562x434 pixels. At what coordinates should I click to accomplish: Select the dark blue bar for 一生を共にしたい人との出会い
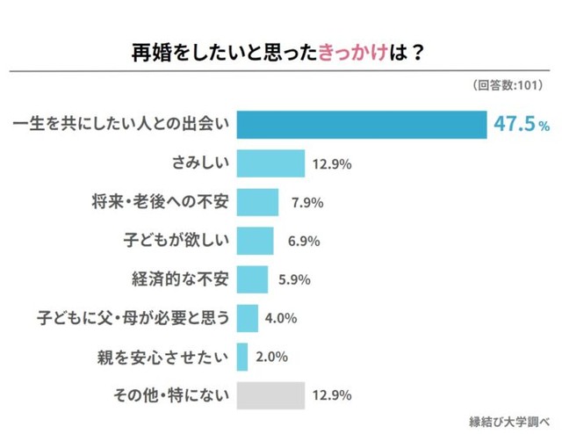pyautogui.click(x=362, y=126)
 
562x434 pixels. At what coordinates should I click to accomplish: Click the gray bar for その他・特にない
pyautogui.click(x=270, y=395)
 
